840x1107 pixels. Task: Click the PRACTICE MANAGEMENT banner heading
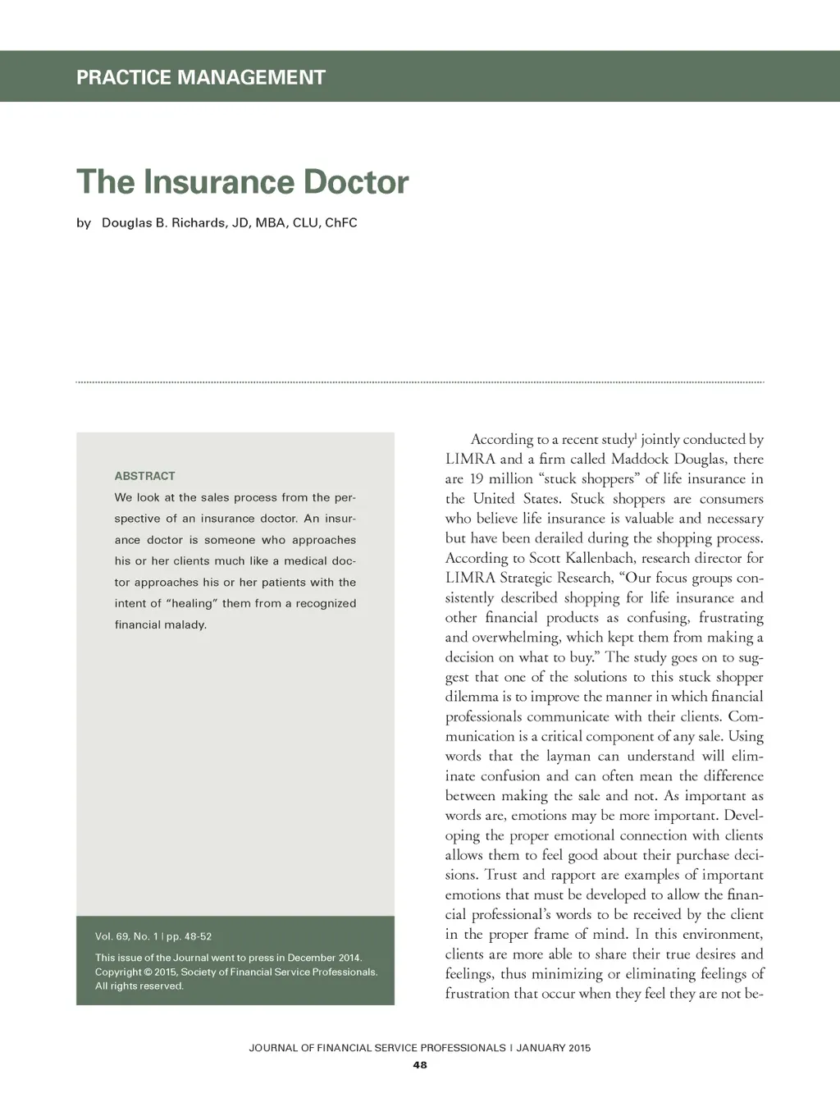click(200, 77)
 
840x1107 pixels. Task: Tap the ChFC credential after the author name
click(340, 222)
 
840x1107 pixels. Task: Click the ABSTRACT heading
click(144, 476)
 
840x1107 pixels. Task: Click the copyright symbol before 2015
click(146, 972)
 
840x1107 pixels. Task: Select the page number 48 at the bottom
click(420, 1065)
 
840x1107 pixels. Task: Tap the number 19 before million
click(476, 479)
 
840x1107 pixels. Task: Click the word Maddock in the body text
click(639, 460)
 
